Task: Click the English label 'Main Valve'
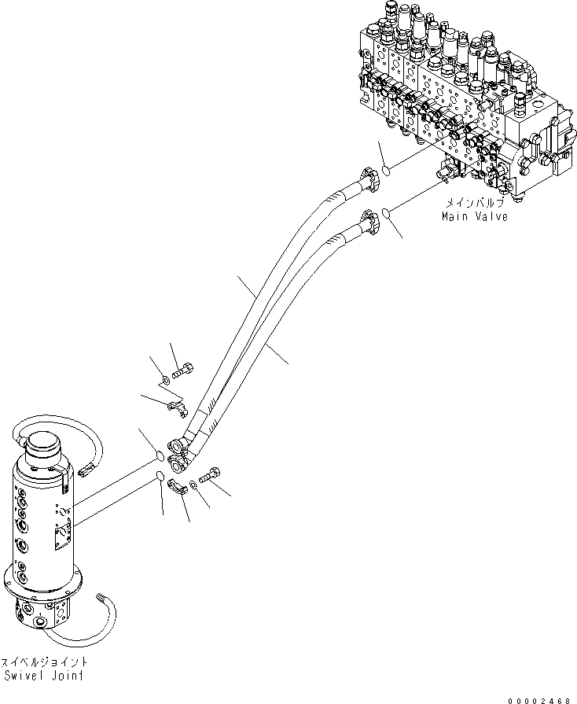click(x=474, y=216)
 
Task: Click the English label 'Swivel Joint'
click(x=44, y=676)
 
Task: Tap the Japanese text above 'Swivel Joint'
click(x=44, y=662)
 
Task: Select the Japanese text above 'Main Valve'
click(x=474, y=203)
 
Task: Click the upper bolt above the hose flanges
click(x=186, y=369)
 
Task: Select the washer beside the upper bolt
click(x=165, y=381)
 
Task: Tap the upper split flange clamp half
click(x=178, y=407)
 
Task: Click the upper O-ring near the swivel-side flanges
click(x=159, y=456)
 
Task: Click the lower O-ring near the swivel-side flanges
click(x=159, y=475)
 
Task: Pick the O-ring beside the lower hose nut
click(x=388, y=211)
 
